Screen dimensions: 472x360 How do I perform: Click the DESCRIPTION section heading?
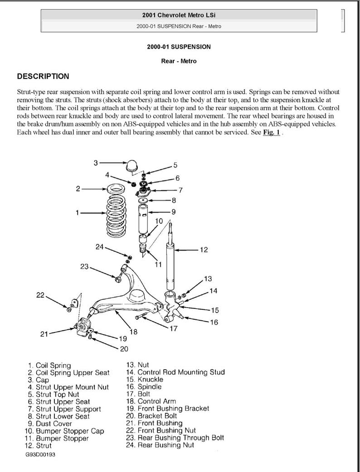pyautogui.click(x=43, y=77)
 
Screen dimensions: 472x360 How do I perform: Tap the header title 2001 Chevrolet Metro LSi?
pyautogui.click(x=179, y=15)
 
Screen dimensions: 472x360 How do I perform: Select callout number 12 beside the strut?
pyautogui.click(x=204, y=250)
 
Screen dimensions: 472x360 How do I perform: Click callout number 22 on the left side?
pyautogui.click(x=40, y=295)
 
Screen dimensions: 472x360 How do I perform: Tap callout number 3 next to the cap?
pyautogui.click(x=96, y=163)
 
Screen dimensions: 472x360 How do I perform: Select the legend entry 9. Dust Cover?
pyautogui.click(x=49, y=424)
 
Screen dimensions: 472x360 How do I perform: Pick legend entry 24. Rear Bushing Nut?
pyautogui.click(x=160, y=445)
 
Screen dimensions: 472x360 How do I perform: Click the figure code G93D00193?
pyautogui.click(x=40, y=454)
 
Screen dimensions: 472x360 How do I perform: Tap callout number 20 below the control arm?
pyautogui.click(x=124, y=348)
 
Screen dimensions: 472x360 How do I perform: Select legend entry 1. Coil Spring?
pyautogui.click(x=49, y=366)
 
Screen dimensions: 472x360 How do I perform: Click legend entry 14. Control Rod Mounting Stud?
pyautogui.click(x=175, y=372)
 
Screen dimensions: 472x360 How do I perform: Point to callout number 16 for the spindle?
pyautogui.click(x=214, y=322)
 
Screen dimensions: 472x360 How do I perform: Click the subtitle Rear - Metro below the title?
pyautogui.click(x=179, y=61)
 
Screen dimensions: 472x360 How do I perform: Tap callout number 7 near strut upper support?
pyautogui.click(x=180, y=190)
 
